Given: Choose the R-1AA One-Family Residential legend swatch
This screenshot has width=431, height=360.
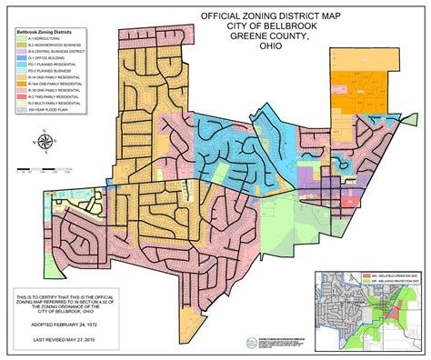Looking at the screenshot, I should (22, 84).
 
